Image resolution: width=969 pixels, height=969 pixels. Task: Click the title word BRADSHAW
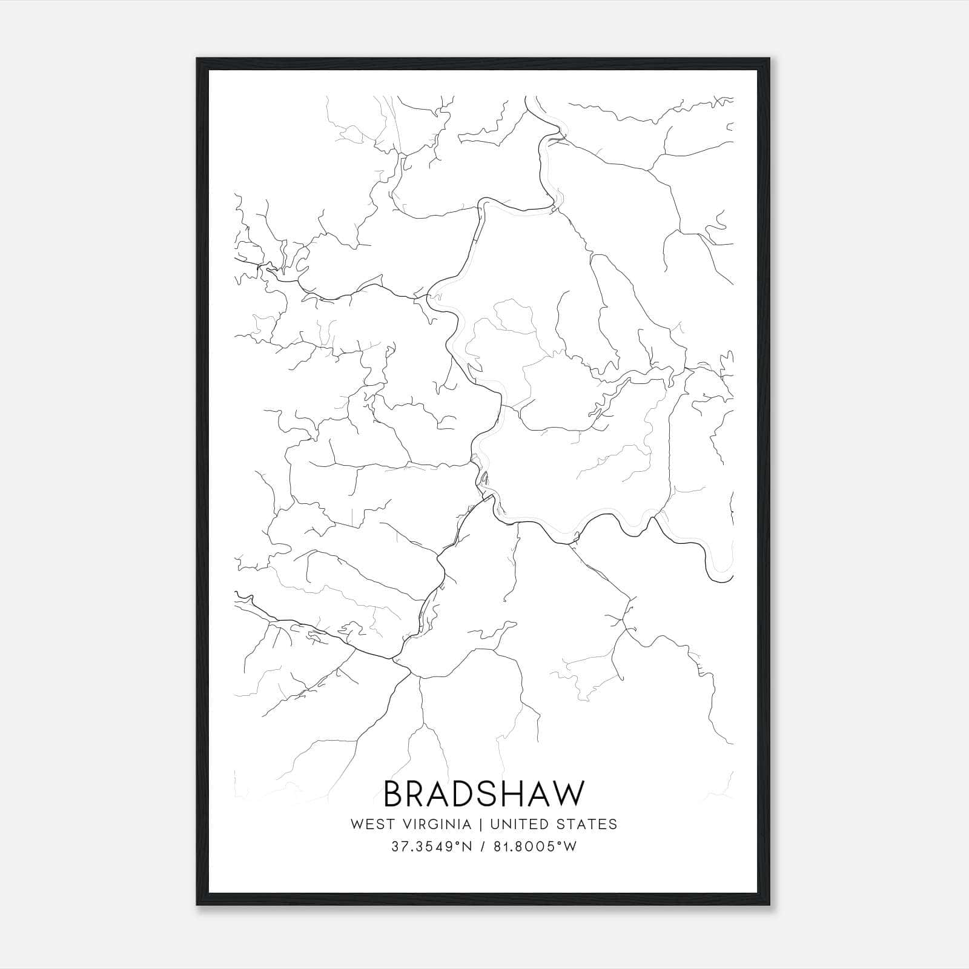click(x=484, y=793)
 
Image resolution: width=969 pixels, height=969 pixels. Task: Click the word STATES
click(x=587, y=824)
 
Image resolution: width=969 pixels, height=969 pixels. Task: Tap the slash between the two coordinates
click(x=484, y=847)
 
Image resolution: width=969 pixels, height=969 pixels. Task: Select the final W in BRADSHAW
click(x=570, y=793)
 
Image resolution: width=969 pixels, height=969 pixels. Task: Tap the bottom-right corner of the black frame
click(x=770, y=905)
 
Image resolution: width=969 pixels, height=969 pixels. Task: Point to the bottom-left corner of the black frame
click(x=197, y=905)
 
